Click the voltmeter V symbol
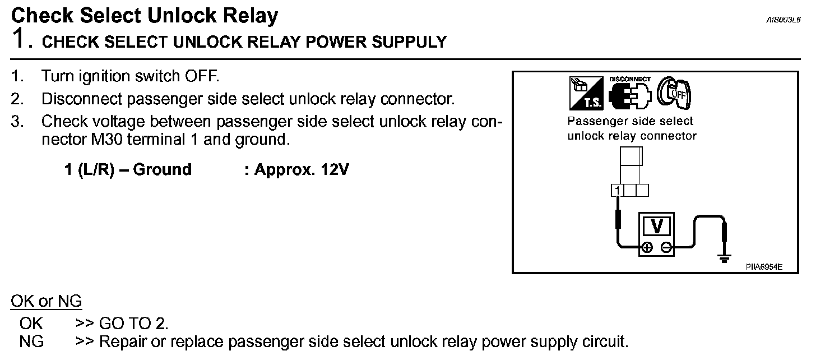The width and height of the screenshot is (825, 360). coord(656,227)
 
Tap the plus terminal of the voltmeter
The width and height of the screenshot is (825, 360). coord(647,247)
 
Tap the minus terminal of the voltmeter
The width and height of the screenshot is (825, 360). coord(665,247)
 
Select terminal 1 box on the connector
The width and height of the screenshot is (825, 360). coord(617,191)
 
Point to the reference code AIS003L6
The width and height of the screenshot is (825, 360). coord(784,20)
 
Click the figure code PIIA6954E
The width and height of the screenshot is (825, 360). coord(764,267)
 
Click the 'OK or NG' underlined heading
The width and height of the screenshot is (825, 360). coord(47,302)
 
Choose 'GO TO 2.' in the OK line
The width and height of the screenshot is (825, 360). coord(133,324)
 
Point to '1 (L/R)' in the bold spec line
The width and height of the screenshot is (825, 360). coord(89,169)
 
